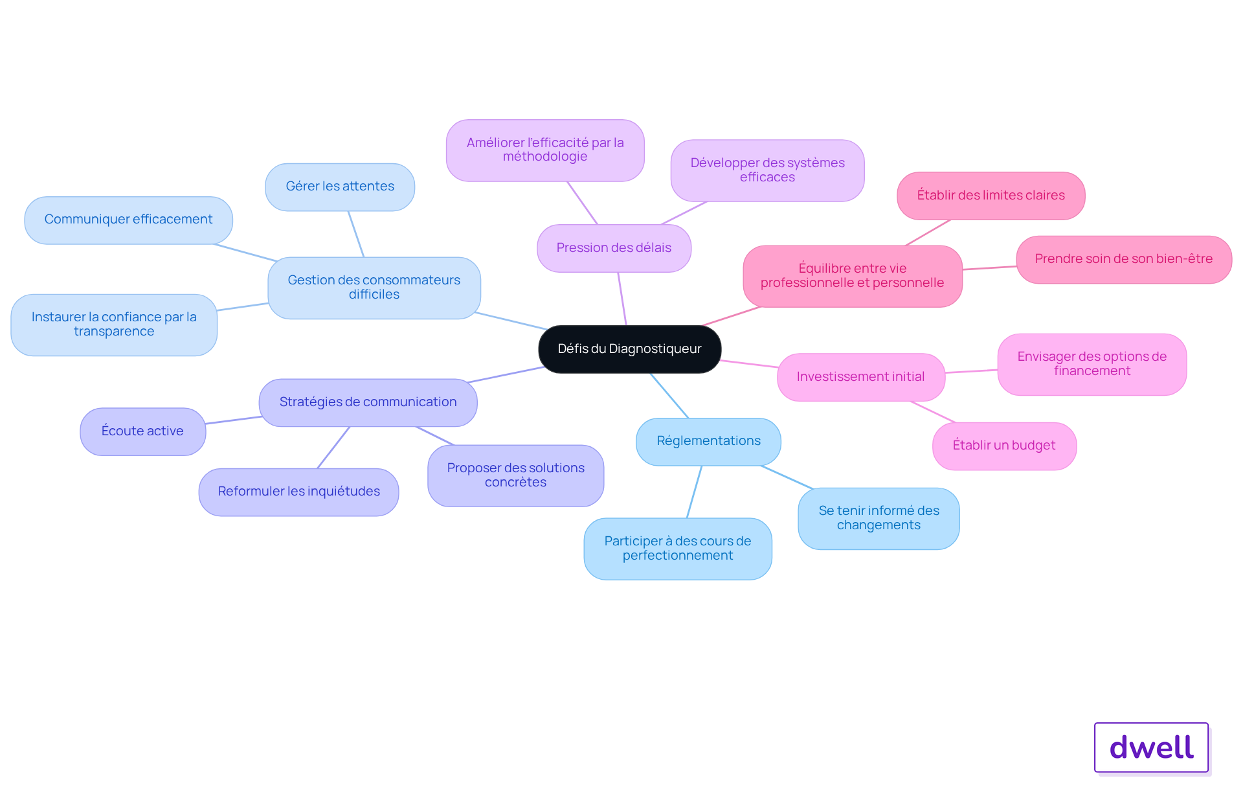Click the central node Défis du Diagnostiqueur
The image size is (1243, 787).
click(629, 349)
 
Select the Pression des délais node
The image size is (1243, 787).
click(614, 248)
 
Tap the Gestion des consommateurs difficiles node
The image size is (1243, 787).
click(374, 288)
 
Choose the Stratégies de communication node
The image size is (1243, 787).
click(368, 402)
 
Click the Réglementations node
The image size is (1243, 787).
click(708, 441)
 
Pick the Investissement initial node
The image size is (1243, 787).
click(860, 377)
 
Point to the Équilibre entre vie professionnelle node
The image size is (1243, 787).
click(852, 276)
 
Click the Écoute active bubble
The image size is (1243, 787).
click(142, 431)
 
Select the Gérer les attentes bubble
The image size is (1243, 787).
click(340, 187)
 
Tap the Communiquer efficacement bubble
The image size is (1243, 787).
click(128, 220)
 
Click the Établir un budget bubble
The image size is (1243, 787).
click(1004, 446)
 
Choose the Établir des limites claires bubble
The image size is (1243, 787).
click(991, 196)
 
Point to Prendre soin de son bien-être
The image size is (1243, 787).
click(1123, 259)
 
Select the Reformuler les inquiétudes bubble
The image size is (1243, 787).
click(298, 492)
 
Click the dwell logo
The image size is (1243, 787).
click(1151, 747)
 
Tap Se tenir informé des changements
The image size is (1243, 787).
click(879, 518)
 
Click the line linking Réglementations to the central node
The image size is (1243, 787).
click(669, 395)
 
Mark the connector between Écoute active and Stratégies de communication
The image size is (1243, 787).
click(234, 420)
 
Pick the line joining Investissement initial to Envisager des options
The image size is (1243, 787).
click(971, 371)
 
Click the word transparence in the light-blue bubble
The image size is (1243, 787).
click(114, 332)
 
